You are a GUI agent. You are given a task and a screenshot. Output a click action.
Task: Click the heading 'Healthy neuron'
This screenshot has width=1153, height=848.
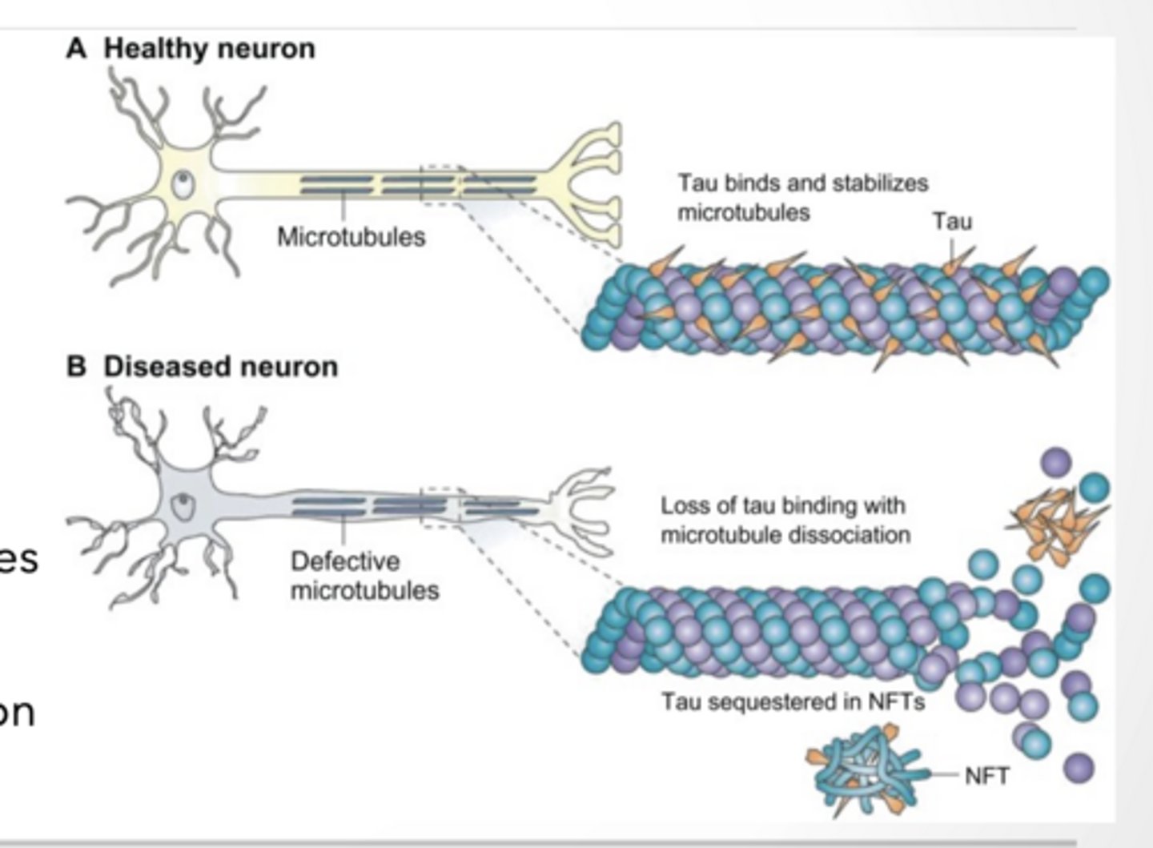click(209, 49)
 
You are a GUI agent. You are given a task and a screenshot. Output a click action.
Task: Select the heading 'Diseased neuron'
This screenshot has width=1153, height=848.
click(220, 367)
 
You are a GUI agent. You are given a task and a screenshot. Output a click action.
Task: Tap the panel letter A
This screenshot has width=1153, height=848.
click(76, 49)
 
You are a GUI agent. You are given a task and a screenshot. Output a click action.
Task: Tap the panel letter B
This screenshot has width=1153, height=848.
click(76, 367)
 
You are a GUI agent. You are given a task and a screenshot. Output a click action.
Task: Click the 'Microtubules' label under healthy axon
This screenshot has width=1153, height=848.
click(351, 237)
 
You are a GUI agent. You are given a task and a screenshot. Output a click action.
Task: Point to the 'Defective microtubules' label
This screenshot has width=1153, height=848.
click(364, 576)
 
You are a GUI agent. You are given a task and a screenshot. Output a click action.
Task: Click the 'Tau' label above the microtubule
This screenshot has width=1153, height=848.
click(952, 221)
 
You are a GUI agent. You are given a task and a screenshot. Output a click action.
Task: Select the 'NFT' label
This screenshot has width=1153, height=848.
click(987, 776)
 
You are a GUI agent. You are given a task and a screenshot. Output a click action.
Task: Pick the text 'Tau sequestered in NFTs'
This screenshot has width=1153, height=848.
click(793, 702)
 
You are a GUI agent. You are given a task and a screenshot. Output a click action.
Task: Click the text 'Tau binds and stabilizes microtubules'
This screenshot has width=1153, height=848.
click(802, 198)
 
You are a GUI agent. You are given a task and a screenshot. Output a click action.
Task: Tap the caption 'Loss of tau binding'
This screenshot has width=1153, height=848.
click(783, 506)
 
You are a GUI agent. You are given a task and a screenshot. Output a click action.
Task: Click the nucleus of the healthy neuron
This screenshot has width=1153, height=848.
click(185, 185)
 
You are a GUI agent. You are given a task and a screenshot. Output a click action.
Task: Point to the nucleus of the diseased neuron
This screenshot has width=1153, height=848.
click(185, 505)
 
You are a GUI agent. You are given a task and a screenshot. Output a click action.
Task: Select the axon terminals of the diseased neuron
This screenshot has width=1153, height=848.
click(583, 510)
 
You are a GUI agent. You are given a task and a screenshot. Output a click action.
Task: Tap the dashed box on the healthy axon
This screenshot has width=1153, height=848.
click(440, 185)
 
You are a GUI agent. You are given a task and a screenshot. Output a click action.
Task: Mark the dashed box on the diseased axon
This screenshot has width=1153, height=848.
click(440, 505)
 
